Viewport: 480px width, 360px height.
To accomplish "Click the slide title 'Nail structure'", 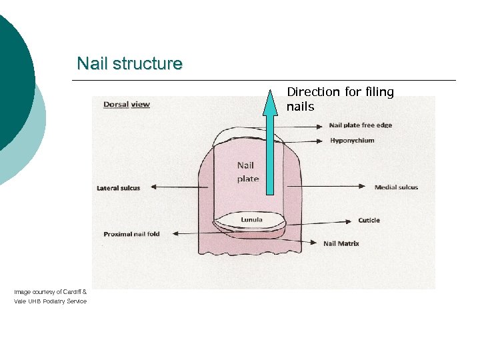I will pyautogui.click(x=129, y=64).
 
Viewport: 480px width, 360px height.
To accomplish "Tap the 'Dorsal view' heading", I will pyautogui.click(x=127, y=105).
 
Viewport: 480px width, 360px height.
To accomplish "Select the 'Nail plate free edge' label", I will pyautogui.click(x=360, y=125).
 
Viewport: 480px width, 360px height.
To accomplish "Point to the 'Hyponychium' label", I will pyautogui.click(x=352, y=141).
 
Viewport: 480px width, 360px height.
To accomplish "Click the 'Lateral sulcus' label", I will pyautogui.click(x=119, y=188).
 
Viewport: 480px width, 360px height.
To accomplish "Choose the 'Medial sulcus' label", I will pyautogui.click(x=396, y=187).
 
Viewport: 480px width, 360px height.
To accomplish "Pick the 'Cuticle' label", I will pyautogui.click(x=369, y=221).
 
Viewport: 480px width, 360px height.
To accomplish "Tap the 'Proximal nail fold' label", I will pyautogui.click(x=132, y=234).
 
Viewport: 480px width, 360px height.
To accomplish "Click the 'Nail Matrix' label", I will pyautogui.click(x=341, y=243).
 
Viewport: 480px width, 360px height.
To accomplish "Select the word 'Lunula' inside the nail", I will pyautogui.click(x=251, y=220).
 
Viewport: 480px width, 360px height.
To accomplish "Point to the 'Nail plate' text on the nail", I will pyautogui.click(x=247, y=172).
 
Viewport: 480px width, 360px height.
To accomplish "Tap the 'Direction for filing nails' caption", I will pyautogui.click(x=340, y=99).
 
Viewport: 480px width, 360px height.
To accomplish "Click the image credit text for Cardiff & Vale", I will pyautogui.click(x=50, y=297).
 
